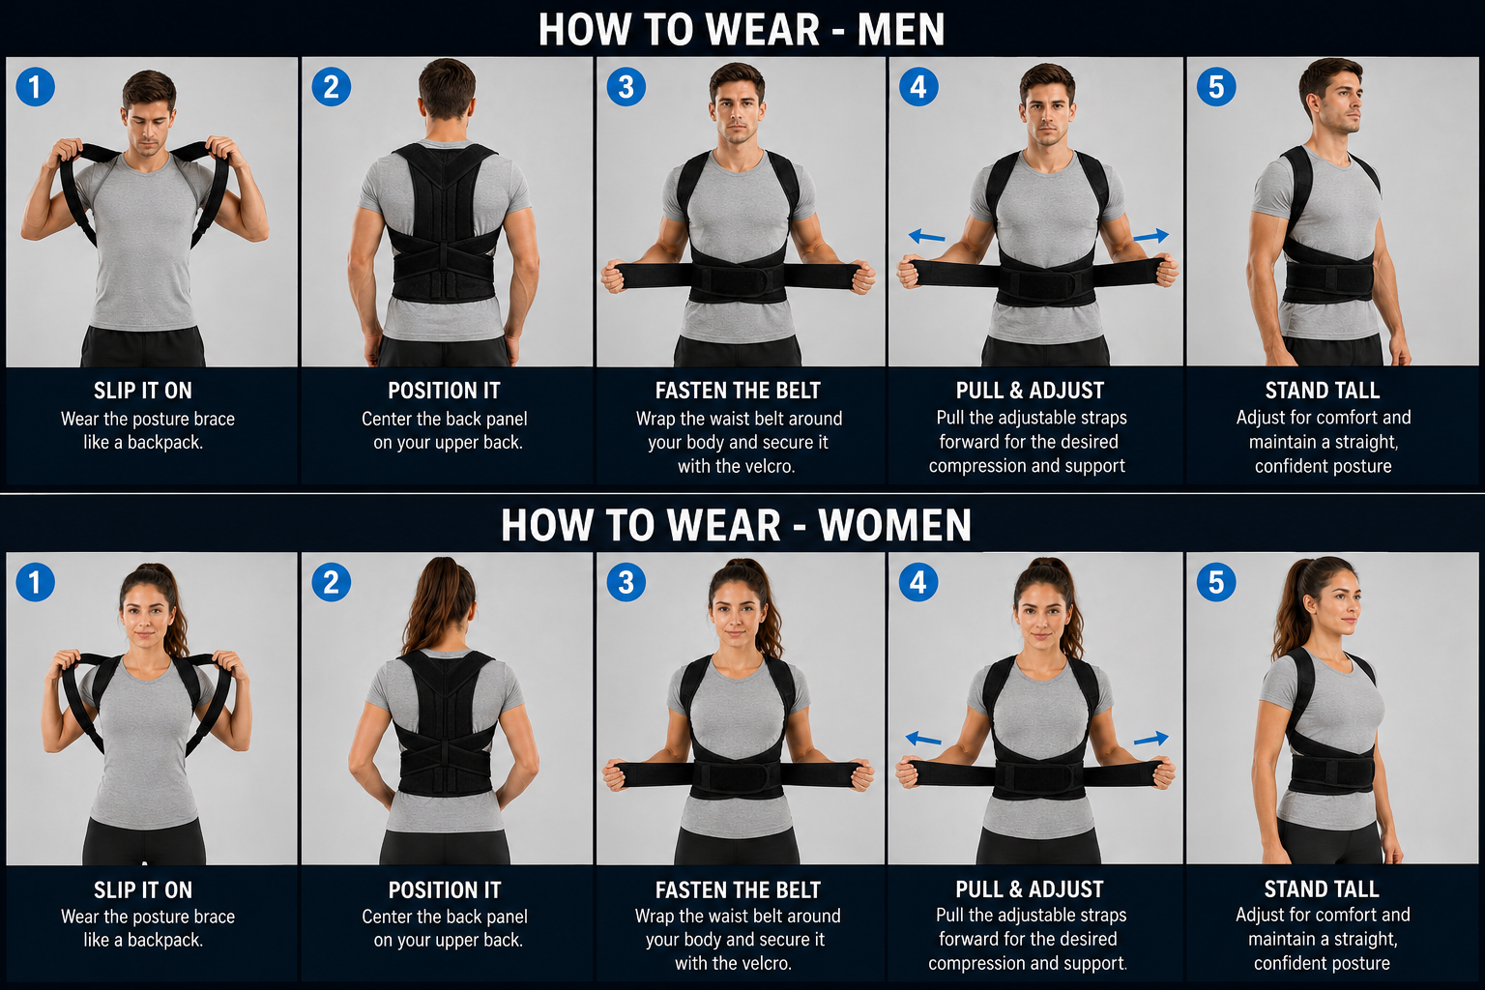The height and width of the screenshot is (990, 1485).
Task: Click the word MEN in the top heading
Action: pos(901,30)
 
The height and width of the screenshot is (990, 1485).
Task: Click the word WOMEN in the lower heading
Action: pos(894,526)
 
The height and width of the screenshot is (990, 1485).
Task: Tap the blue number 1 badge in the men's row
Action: pos(35,87)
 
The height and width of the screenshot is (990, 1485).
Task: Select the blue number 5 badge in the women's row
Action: pos(1216,582)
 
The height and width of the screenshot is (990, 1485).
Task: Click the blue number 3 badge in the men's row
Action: pos(626,87)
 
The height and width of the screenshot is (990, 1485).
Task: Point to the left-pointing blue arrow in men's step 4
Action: pos(927,236)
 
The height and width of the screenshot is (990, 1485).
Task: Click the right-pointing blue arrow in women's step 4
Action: pos(1150,738)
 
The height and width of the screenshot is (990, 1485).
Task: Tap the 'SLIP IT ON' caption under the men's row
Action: pos(142,391)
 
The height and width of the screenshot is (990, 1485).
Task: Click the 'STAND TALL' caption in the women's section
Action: pos(1322,888)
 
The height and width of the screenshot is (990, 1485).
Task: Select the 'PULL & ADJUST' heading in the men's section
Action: pos(1030,391)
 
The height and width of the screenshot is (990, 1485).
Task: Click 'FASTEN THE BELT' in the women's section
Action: pos(738,889)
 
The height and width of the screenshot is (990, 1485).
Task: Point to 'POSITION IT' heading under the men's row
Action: pos(444,391)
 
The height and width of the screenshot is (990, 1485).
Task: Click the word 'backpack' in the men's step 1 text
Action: pos(164,442)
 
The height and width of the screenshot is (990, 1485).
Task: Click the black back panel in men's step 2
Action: pos(444,222)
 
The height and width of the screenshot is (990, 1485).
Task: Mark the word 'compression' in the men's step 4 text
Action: pos(984,466)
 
